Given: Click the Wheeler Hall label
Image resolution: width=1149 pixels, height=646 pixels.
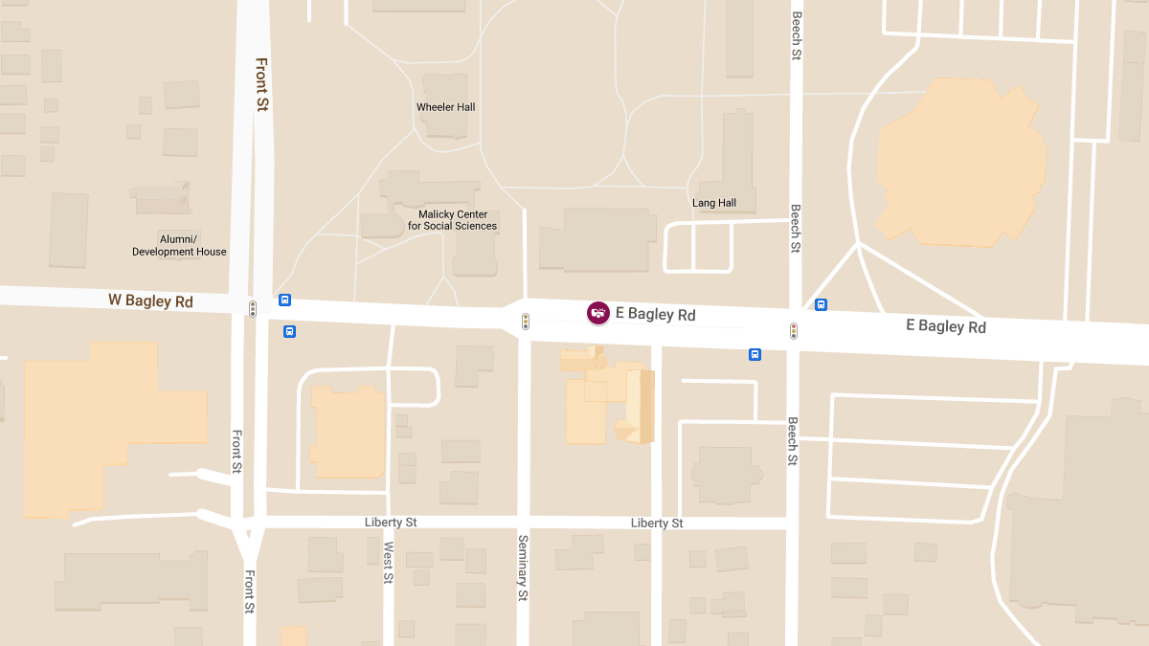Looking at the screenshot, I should (445, 107).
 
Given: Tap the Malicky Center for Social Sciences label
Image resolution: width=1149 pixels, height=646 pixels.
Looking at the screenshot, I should (453, 220).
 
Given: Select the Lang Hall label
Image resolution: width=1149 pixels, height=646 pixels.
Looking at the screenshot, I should (714, 203).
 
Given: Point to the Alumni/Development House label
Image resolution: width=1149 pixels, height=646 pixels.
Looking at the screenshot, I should (179, 245).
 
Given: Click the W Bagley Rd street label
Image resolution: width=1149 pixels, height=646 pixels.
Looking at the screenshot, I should (150, 301).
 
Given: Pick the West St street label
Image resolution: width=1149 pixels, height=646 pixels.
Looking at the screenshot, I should (388, 562).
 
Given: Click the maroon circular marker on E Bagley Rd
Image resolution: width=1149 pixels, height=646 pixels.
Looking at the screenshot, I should (598, 313).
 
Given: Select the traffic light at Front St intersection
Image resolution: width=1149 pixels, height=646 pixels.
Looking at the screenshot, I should (253, 309).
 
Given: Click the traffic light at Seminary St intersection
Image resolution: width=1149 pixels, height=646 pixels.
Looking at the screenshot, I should (525, 322).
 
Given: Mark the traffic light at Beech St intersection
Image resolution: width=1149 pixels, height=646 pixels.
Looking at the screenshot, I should (793, 331).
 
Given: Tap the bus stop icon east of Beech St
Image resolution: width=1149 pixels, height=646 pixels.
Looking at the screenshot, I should (821, 304).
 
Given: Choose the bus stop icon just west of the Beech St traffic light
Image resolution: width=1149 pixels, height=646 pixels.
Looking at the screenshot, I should (755, 355).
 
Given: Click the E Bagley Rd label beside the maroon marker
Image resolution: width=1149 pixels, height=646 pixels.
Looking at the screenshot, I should (656, 315).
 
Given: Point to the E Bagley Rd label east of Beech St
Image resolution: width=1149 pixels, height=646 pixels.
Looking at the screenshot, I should (946, 326).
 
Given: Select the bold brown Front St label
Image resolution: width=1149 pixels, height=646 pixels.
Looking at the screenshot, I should (260, 84).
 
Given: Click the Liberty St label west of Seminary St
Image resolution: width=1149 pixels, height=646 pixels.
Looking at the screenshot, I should (391, 523).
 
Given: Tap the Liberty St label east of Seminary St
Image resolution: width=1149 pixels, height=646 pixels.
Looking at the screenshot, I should (657, 523).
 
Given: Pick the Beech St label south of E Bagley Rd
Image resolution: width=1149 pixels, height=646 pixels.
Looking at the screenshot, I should (793, 441).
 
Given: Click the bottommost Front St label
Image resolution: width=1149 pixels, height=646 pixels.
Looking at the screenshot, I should (249, 591).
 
